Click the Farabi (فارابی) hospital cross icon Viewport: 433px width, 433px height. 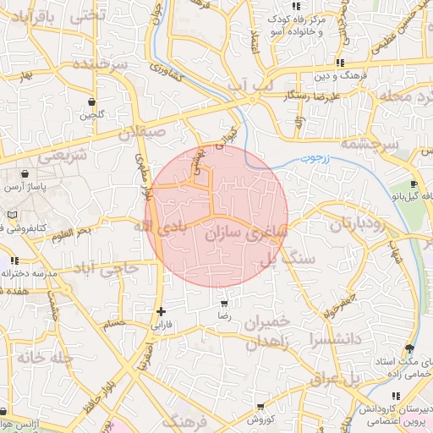click(161, 311)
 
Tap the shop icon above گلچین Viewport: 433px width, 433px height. click(90, 102)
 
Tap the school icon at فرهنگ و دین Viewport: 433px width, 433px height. click(339, 63)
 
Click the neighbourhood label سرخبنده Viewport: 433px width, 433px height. click(99, 65)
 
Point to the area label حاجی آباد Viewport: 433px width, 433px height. click(107, 270)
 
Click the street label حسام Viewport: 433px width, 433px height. click(113, 322)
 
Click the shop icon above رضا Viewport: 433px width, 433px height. click(223, 304)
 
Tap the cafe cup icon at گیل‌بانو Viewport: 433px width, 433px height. click(414, 184)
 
